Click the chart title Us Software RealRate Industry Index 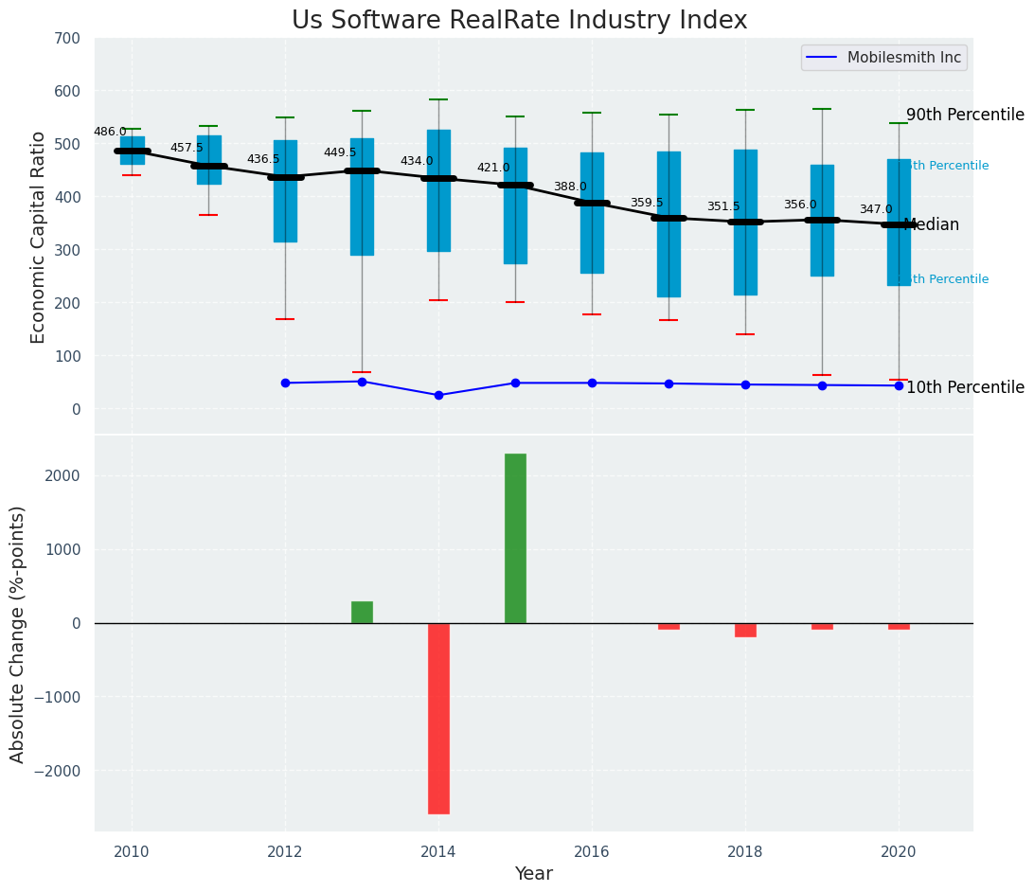519,21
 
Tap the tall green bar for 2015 515,538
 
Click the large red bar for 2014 438,718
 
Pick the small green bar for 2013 362,612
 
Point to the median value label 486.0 110,132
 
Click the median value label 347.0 876,209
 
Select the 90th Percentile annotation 965,115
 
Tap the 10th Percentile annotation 965,387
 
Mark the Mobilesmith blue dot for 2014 438,395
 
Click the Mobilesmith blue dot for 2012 285,383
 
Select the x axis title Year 533,874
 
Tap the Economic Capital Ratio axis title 39,237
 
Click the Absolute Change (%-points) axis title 18,633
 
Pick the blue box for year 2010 132,151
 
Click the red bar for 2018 745,630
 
